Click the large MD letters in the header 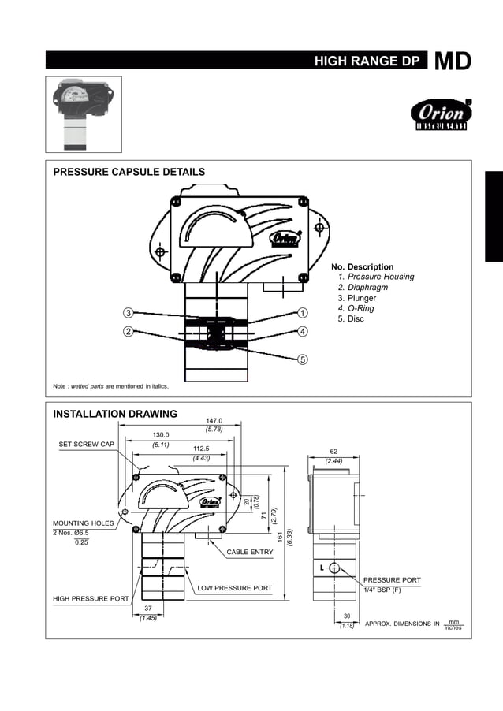(x=453, y=61)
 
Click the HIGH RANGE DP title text (x=367, y=61)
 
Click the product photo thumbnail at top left (x=84, y=114)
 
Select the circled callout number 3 (x=128, y=313)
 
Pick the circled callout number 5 (x=303, y=359)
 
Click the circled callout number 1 (x=303, y=313)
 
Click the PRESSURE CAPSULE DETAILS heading (x=129, y=172)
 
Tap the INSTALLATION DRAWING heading (x=115, y=414)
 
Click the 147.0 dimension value (x=214, y=421)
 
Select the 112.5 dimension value (x=201, y=449)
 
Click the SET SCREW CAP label (x=87, y=445)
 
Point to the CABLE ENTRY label (x=250, y=552)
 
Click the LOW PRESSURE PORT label (x=234, y=588)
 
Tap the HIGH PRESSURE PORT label (x=91, y=599)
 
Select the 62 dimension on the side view (x=333, y=452)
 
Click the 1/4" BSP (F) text (x=382, y=590)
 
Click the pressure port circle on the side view (x=334, y=568)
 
